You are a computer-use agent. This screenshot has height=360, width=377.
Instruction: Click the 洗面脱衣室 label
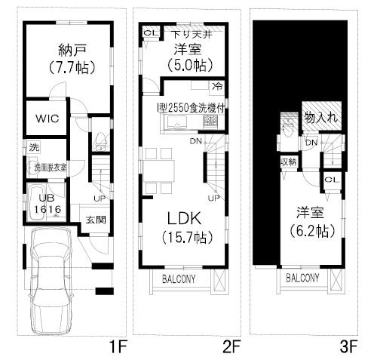tap(48, 167)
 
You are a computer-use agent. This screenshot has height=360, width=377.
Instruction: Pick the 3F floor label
tap(348, 348)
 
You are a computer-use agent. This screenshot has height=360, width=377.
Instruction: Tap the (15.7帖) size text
tap(185, 238)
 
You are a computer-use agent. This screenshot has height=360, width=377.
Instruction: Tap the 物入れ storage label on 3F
tap(320, 117)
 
